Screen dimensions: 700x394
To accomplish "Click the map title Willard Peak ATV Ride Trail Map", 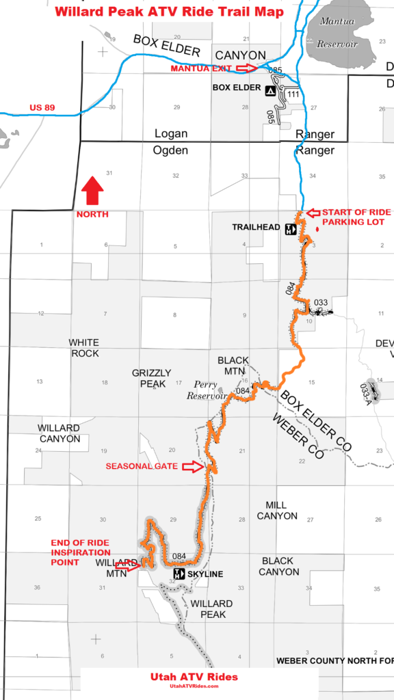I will click(x=169, y=12).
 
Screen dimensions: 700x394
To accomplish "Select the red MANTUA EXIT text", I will click(x=201, y=68).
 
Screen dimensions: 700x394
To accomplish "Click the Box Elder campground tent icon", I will click(x=271, y=90).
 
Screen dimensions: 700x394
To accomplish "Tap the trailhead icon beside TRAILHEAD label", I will click(x=290, y=229).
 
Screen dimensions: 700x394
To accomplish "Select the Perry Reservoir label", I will click(x=210, y=390).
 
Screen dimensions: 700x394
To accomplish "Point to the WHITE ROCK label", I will click(x=84, y=348).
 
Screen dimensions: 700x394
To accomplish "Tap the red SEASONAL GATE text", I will click(x=142, y=466).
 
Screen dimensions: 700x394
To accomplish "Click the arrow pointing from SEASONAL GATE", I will click(x=198, y=467).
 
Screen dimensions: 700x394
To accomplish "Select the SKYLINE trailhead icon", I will click(x=179, y=574).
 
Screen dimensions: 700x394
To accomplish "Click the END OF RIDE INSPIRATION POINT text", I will click(x=80, y=552).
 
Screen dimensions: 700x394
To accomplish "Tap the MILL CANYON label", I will click(x=277, y=511).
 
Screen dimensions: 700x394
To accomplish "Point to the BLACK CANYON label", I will click(x=279, y=566).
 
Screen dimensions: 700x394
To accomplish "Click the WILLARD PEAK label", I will click(x=211, y=609).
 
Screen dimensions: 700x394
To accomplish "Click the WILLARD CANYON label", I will click(x=59, y=433).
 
